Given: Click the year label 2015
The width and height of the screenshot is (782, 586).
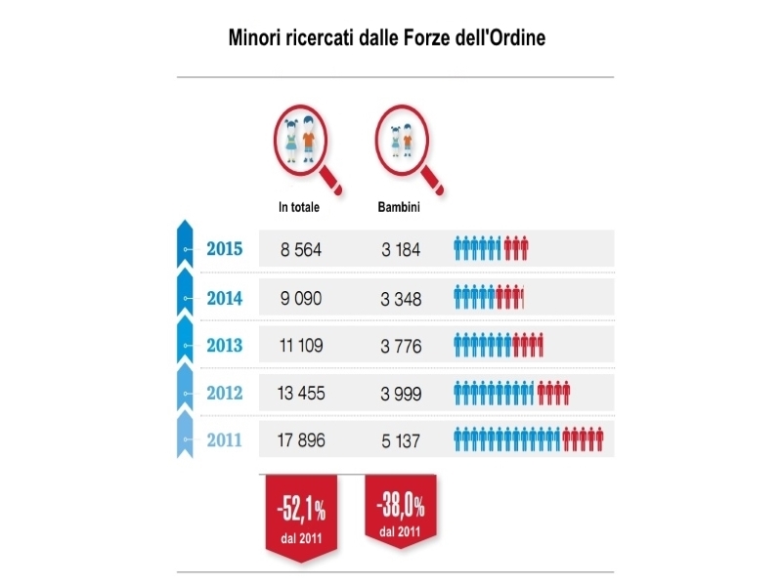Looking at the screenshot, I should pos(225,249).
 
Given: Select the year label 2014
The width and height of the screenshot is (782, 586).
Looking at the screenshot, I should pos(225,297).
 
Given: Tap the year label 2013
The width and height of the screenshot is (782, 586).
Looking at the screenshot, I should pos(225,345).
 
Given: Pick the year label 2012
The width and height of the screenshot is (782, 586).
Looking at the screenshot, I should pos(225,393).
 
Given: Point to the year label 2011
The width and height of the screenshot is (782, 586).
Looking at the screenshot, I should pos(225,440).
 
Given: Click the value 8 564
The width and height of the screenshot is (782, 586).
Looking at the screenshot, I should pos(300,250).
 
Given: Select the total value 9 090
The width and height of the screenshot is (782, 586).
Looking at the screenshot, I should pos(300,298).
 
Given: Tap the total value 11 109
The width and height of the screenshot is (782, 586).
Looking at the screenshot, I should pos(300,346).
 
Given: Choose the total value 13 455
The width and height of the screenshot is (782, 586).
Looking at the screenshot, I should pos(300,394).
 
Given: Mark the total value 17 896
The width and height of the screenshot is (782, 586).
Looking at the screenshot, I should pos(300,441).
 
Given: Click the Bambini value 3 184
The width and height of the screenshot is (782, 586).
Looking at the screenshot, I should pos(401,250).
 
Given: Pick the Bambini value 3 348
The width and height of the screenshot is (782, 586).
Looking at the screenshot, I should pos(401,298).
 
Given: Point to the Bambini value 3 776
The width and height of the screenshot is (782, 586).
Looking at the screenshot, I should pos(401,346).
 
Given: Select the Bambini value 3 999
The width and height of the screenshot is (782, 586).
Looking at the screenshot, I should pos(401,394).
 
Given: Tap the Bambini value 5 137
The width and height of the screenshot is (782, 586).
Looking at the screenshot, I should pos(401,441).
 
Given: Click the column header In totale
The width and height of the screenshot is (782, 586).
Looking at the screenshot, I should pos(298,207).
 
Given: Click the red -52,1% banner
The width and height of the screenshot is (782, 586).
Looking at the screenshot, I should pos(300,514).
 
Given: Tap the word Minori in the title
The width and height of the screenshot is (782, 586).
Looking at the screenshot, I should pos(256,39).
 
